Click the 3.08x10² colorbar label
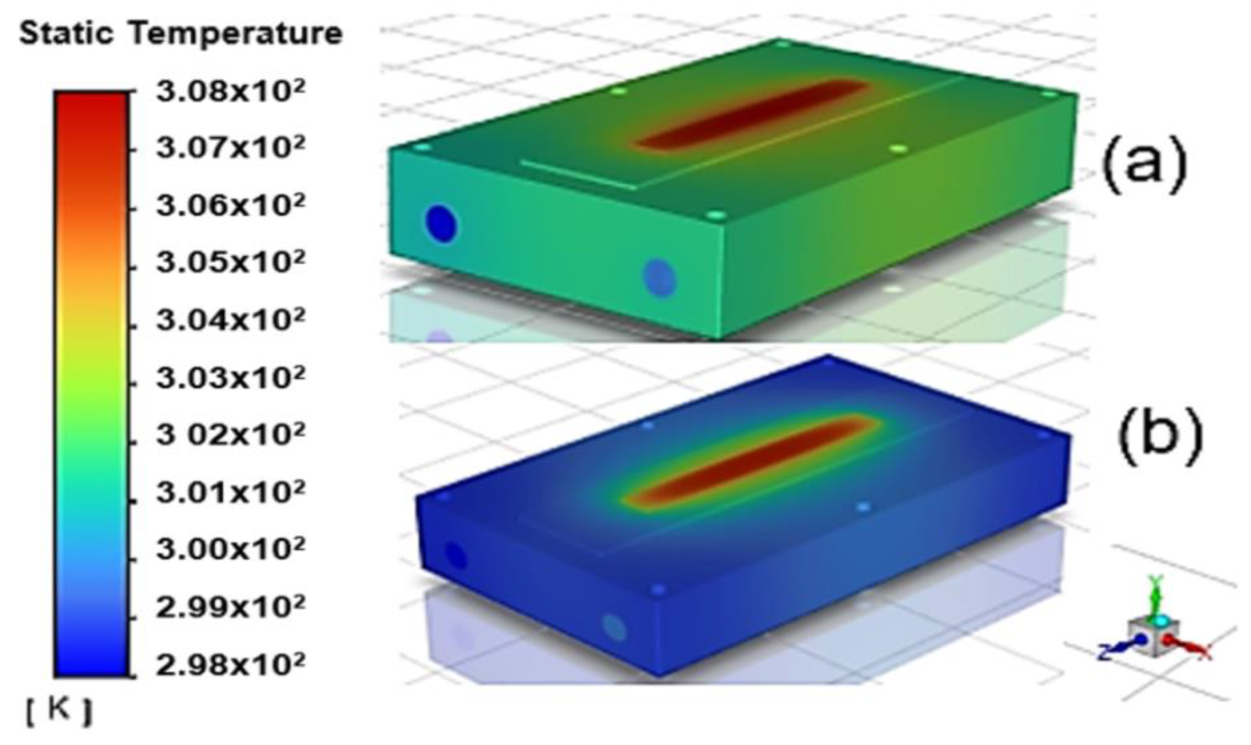pyautogui.click(x=230, y=92)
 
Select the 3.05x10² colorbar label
pyautogui.click(x=230, y=261)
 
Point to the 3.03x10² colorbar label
pyautogui.click(x=230, y=377)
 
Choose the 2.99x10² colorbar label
pyautogui.click(x=230, y=607)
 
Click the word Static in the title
pyautogui.click(x=66, y=34)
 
